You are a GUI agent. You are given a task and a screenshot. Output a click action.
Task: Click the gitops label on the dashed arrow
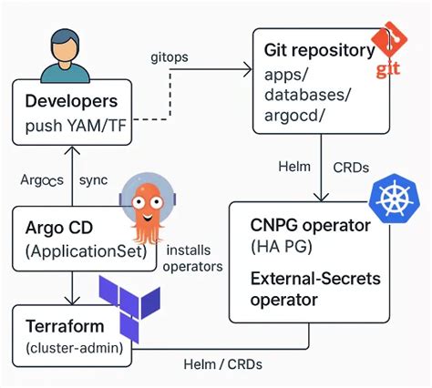(169, 56)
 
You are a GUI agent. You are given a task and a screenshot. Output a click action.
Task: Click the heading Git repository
(317, 49)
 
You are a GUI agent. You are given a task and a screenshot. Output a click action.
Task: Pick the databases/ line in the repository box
(306, 95)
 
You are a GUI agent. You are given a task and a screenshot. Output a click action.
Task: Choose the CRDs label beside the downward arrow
(352, 167)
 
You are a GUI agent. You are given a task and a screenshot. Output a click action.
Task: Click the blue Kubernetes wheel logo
(393, 198)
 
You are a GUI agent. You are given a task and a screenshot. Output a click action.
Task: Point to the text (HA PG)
(279, 247)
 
